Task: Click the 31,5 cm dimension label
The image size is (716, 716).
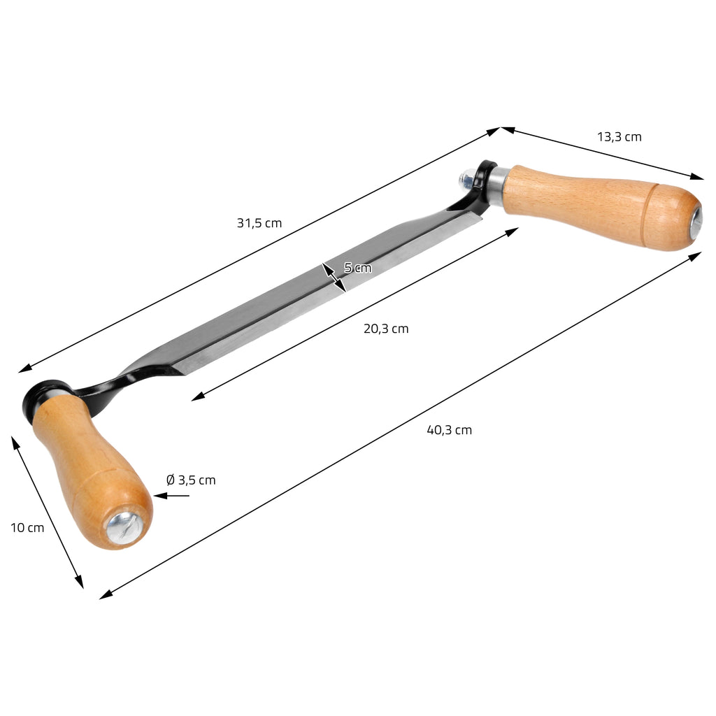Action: tap(259, 223)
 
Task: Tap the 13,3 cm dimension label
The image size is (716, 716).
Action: tap(620, 137)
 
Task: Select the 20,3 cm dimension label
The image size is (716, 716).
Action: tap(386, 329)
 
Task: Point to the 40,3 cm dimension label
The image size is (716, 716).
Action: tap(450, 430)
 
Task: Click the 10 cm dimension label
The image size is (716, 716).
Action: tap(27, 528)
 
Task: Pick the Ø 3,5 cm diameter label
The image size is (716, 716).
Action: tap(191, 480)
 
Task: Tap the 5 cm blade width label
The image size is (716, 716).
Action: tap(357, 268)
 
